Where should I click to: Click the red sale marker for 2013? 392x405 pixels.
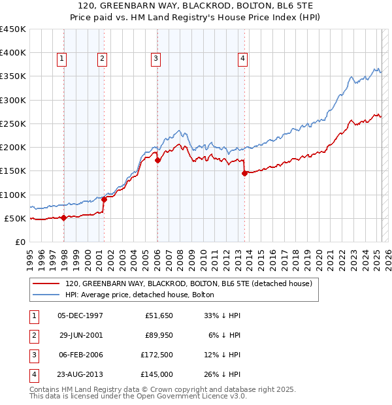[x=244, y=173]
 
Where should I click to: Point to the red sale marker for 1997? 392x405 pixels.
[x=63, y=218]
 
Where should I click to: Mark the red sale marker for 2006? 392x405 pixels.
[x=157, y=160]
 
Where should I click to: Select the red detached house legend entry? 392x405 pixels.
[x=189, y=283]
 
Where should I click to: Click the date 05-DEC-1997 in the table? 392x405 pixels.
[x=80, y=316]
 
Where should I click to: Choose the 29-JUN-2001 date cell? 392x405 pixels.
[x=81, y=335]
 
